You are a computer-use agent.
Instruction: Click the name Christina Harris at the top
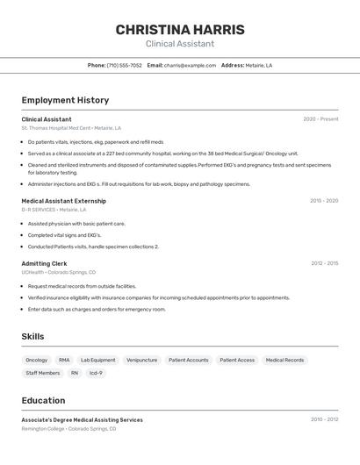pos(180,29)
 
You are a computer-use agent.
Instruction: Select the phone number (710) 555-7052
pos(124,65)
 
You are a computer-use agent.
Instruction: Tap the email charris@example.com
pos(190,65)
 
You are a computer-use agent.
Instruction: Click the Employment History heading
pos(65,100)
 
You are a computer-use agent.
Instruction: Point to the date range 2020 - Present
pos(320,119)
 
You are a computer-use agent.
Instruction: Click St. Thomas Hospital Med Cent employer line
pos(71,128)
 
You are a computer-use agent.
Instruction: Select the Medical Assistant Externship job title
pos(63,201)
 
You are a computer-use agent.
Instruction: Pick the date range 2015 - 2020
pos(324,201)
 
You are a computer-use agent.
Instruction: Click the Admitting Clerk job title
pos(44,263)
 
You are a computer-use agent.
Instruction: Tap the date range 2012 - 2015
pos(324,263)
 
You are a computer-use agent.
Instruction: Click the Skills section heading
pos(32,336)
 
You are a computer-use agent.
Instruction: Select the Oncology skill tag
pos(37,360)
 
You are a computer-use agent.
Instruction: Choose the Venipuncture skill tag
pos(141,360)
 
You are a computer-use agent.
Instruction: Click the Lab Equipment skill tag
pos(97,360)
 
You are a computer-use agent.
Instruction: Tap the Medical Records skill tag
pos(284,360)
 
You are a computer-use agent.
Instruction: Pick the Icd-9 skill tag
pos(96,373)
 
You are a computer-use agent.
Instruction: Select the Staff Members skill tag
pos(43,373)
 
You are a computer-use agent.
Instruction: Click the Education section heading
pos(43,400)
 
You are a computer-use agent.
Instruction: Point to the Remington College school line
pos(68,428)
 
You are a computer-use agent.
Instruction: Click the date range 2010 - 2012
pos(324,419)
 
